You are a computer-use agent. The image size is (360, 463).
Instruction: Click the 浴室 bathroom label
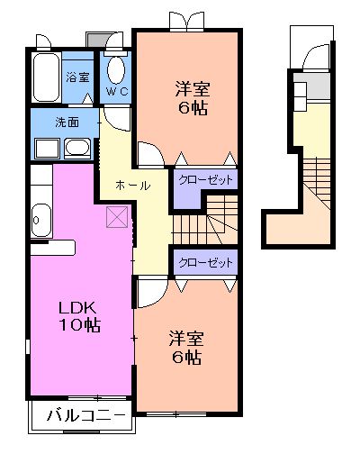tap(77, 77)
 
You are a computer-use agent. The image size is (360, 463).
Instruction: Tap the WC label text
tap(117, 93)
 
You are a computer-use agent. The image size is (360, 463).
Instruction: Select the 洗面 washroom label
tap(67, 122)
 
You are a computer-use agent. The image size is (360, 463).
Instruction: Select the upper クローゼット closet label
tap(205, 180)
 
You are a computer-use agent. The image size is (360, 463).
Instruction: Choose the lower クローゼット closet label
tap(205, 263)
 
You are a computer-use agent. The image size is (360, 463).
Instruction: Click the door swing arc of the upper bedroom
tap(150, 153)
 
